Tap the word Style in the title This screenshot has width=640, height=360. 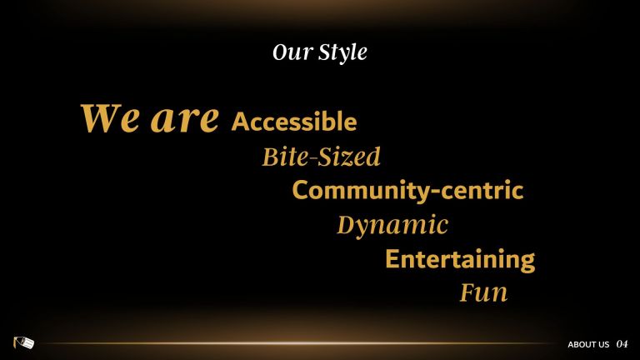[342, 53]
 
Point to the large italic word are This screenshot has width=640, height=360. [185, 120]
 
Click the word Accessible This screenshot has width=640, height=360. [294, 121]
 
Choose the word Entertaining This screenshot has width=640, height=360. [460, 260]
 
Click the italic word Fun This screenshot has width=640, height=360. [484, 292]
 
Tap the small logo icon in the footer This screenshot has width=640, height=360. [23, 342]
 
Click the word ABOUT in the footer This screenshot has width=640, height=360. [582, 344]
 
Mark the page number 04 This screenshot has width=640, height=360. [622, 344]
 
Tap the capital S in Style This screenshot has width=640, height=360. [325, 52]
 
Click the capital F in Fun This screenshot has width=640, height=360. [467, 292]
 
